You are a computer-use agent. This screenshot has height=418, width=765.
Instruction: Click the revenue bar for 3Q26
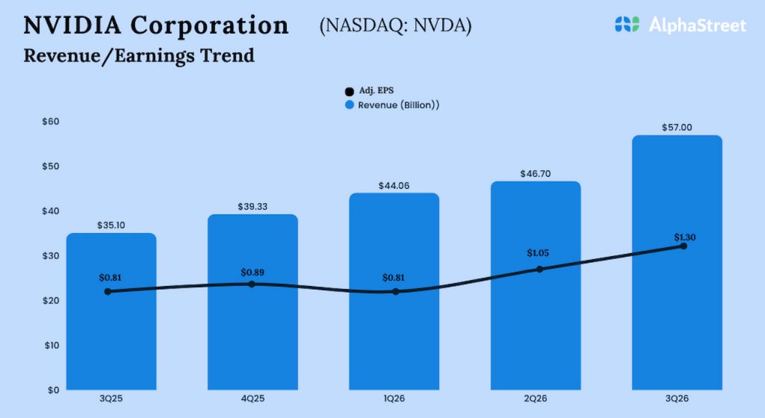click(677, 313)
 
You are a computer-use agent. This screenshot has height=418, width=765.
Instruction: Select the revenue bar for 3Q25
click(111, 336)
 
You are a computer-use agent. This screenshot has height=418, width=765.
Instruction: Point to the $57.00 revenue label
click(677, 128)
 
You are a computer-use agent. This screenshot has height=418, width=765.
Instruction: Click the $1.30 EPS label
click(684, 237)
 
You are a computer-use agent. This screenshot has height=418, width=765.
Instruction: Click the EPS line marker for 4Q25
click(252, 284)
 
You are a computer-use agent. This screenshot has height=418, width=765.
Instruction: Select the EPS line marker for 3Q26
click(683, 246)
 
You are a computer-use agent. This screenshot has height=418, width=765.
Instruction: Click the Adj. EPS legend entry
click(371, 90)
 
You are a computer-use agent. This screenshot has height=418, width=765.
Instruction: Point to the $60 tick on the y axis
click(52, 122)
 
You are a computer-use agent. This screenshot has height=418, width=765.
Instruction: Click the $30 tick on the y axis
click(52, 256)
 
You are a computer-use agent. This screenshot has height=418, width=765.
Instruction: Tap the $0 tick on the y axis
click(54, 390)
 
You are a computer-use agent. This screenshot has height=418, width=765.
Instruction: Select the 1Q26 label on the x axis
click(394, 401)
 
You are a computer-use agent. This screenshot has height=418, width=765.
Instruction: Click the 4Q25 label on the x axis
click(253, 401)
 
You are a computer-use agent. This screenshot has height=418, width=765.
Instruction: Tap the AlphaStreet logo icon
click(628, 25)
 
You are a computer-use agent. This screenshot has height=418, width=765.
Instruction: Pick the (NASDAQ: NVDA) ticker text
click(395, 25)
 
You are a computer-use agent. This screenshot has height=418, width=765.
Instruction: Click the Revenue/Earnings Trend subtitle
click(139, 55)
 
